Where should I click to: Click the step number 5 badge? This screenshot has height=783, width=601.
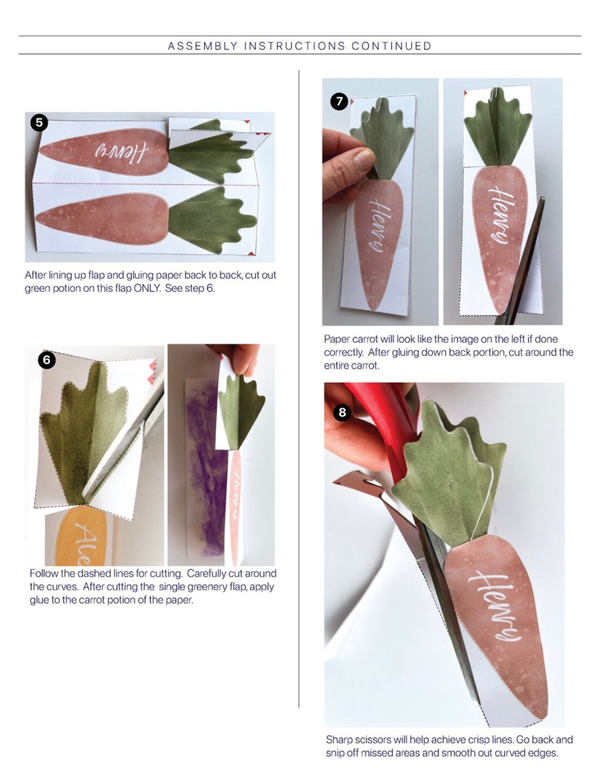(39, 123)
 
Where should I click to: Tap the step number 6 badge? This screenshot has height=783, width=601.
(46, 359)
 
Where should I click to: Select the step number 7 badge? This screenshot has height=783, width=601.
(339, 101)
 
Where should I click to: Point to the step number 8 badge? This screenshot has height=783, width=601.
(342, 412)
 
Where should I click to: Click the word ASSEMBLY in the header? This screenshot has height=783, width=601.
(203, 46)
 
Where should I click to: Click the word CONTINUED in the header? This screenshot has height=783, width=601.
(391, 46)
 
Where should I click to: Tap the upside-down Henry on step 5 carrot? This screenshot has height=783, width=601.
(121, 152)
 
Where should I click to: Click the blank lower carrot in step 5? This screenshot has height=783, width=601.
(103, 218)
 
